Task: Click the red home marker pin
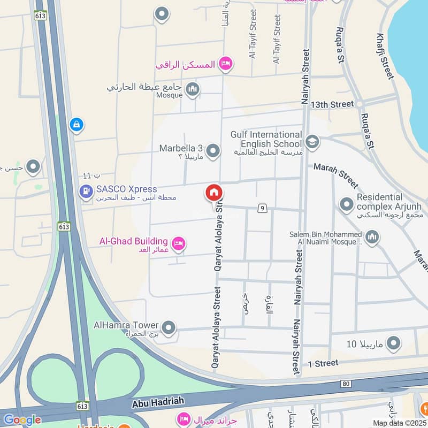(x=214, y=193)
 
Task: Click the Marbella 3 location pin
(x=213, y=151)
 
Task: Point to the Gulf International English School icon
(x=311, y=142)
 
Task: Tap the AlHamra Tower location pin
(x=169, y=327)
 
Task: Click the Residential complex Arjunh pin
(x=347, y=203)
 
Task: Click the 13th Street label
(x=335, y=104)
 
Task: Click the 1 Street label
(x=323, y=363)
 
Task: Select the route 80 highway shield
(x=346, y=383)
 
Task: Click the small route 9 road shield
(x=262, y=208)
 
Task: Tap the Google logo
(x=22, y=420)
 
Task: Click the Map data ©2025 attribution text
(x=398, y=423)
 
